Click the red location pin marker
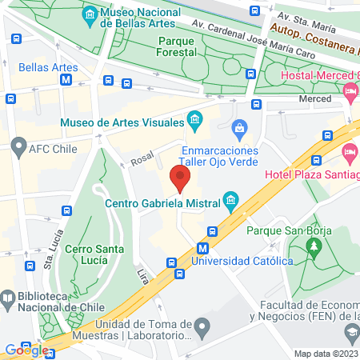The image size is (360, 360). click(181, 178)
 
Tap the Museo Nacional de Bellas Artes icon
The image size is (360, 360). click(90, 15)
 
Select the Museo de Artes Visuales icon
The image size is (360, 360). click(194, 121)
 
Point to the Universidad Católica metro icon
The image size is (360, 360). click(205, 248)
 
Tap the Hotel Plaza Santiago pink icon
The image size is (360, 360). click(348, 151)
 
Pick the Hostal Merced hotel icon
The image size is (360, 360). click(350, 92)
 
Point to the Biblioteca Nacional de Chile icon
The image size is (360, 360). click(7, 300)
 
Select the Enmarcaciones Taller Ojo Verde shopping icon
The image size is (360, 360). click(238, 128)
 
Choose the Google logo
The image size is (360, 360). click(26, 349)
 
